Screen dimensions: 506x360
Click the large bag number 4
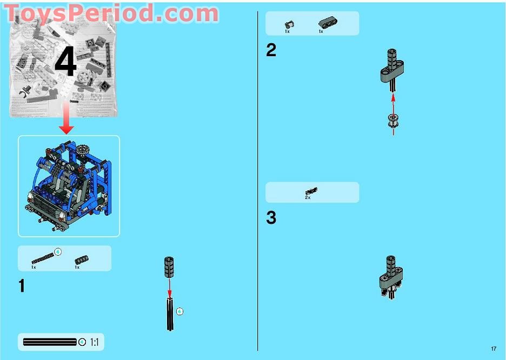click(x=66, y=61)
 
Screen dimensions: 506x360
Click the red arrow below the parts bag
click(x=66, y=118)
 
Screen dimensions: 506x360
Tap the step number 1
click(x=22, y=286)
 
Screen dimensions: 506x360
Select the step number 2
click(x=271, y=50)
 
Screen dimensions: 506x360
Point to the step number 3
click(x=271, y=217)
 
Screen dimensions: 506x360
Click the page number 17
click(x=494, y=349)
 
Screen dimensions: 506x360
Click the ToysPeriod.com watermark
click(x=111, y=14)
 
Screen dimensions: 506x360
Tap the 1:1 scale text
click(x=94, y=342)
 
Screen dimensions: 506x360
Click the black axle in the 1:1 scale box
click(x=50, y=342)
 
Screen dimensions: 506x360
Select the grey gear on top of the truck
click(x=83, y=150)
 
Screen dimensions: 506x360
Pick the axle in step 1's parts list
click(x=43, y=258)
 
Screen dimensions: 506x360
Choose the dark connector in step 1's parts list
click(x=81, y=260)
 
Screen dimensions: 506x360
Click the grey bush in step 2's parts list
click(x=289, y=24)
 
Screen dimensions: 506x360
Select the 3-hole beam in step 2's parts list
click(x=328, y=22)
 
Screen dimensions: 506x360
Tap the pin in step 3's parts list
click(x=311, y=191)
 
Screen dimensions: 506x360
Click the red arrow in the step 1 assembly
click(x=169, y=288)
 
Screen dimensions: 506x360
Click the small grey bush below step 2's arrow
click(x=393, y=121)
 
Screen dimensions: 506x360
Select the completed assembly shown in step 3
click(x=391, y=277)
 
